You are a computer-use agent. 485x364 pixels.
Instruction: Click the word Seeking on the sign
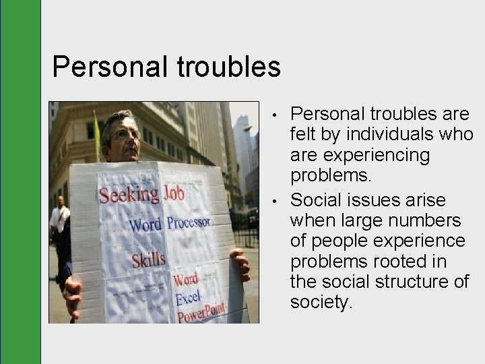129,194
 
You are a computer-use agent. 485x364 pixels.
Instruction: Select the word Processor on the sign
189,222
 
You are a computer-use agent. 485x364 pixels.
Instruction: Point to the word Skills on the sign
148,260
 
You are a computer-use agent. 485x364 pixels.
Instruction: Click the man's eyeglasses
127,135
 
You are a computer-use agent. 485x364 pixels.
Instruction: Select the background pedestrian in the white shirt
59,219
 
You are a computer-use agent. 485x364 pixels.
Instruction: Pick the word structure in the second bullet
401,281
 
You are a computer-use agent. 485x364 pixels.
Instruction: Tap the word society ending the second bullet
321,302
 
